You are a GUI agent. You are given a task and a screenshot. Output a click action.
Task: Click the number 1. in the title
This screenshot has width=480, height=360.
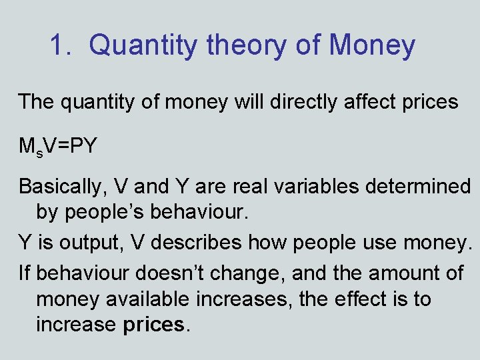click(x=63, y=45)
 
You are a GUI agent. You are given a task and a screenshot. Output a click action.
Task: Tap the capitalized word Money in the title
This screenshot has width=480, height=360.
click(x=371, y=45)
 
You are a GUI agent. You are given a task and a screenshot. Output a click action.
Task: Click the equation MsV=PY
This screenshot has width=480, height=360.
click(x=58, y=145)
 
